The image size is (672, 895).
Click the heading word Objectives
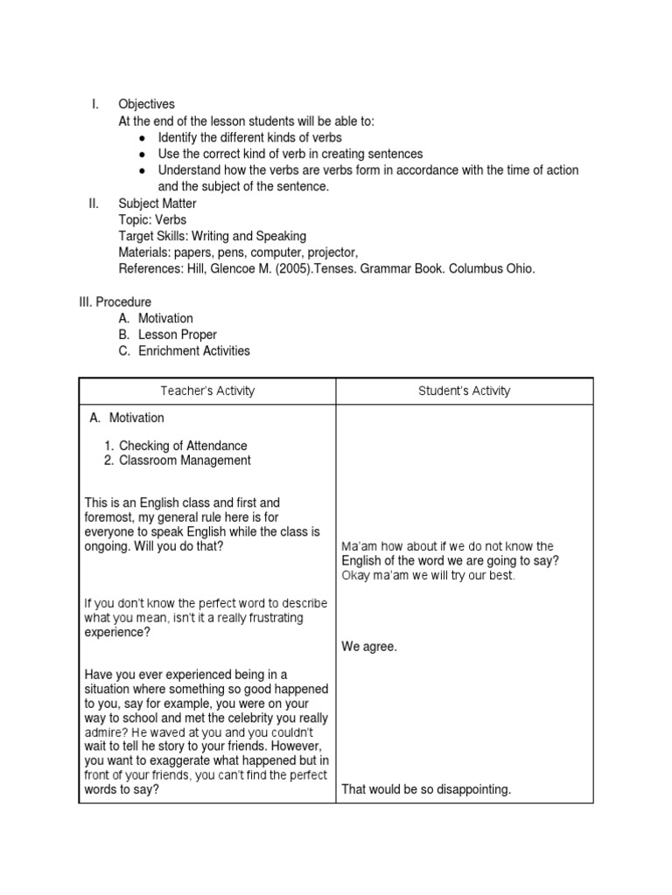click(147, 104)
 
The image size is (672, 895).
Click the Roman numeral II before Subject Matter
click(94, 204)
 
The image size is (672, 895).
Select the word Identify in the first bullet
click(180, 137)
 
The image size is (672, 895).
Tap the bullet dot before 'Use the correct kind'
click(142, 155)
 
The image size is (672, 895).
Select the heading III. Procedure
click(115, 302)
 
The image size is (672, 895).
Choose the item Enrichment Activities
click(193, 350)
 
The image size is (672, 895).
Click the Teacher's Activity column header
click(207, 391)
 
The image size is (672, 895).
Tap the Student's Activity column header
click(464, 391)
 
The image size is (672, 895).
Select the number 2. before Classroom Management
click(109, 461)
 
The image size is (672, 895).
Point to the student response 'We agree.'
click(369, 648)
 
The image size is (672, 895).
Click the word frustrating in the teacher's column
click(264, 618)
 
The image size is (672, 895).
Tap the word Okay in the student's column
click(356, 576)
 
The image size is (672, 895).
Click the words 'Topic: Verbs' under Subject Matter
click(152, 219)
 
